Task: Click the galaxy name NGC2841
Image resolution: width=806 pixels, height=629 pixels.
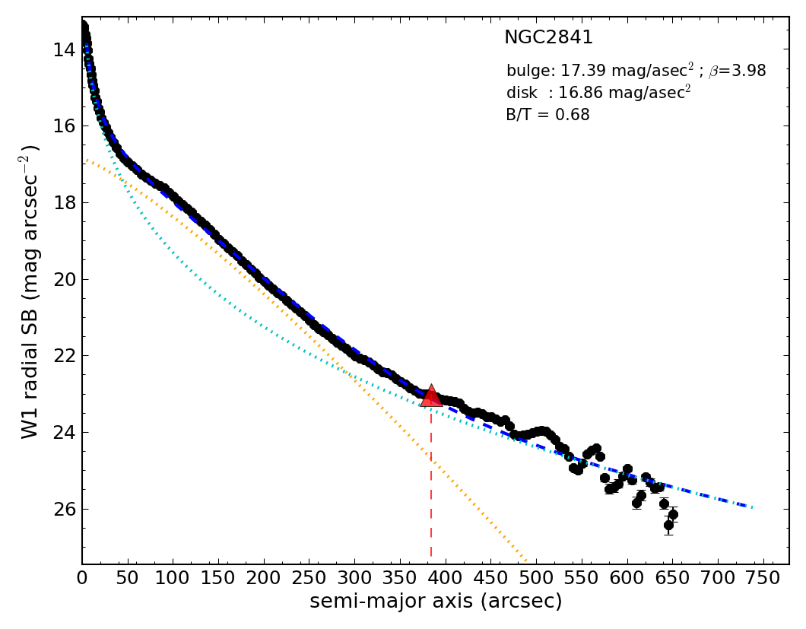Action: pyautogui.click(x=548, y=38)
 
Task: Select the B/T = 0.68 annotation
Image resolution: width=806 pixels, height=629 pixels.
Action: pyautogui.click(x=547, y=116)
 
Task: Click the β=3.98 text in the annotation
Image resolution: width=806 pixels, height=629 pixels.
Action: pyautogui.click(x=737, y=71)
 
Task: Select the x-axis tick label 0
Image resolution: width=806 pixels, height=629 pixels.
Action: pyautogui.click(x=82, y=577)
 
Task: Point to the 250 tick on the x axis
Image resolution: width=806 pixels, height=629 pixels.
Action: pyautogui.click(x=309, y=577)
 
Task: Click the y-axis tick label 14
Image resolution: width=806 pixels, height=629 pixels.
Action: pyautogui.click(x=64, y=50)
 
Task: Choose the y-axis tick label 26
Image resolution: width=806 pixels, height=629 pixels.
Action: pyautogui.click(x=64, y=510)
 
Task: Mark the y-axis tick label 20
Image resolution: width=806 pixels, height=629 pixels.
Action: pyautogui.click(x=64, y=280)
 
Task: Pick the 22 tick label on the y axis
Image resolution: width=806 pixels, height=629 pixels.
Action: pyautogui.click(x=64, y=357)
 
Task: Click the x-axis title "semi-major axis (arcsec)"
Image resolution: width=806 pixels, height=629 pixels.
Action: pyautogui.click(x=436, y=602)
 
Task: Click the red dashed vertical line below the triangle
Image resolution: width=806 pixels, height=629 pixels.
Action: pyautogui.click(x=431, y=487)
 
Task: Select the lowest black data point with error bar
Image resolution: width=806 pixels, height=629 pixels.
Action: pyautogui.click(x=668, y=525)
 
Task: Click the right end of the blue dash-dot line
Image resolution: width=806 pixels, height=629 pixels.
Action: pyautogui.click(x=751, y=507)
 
